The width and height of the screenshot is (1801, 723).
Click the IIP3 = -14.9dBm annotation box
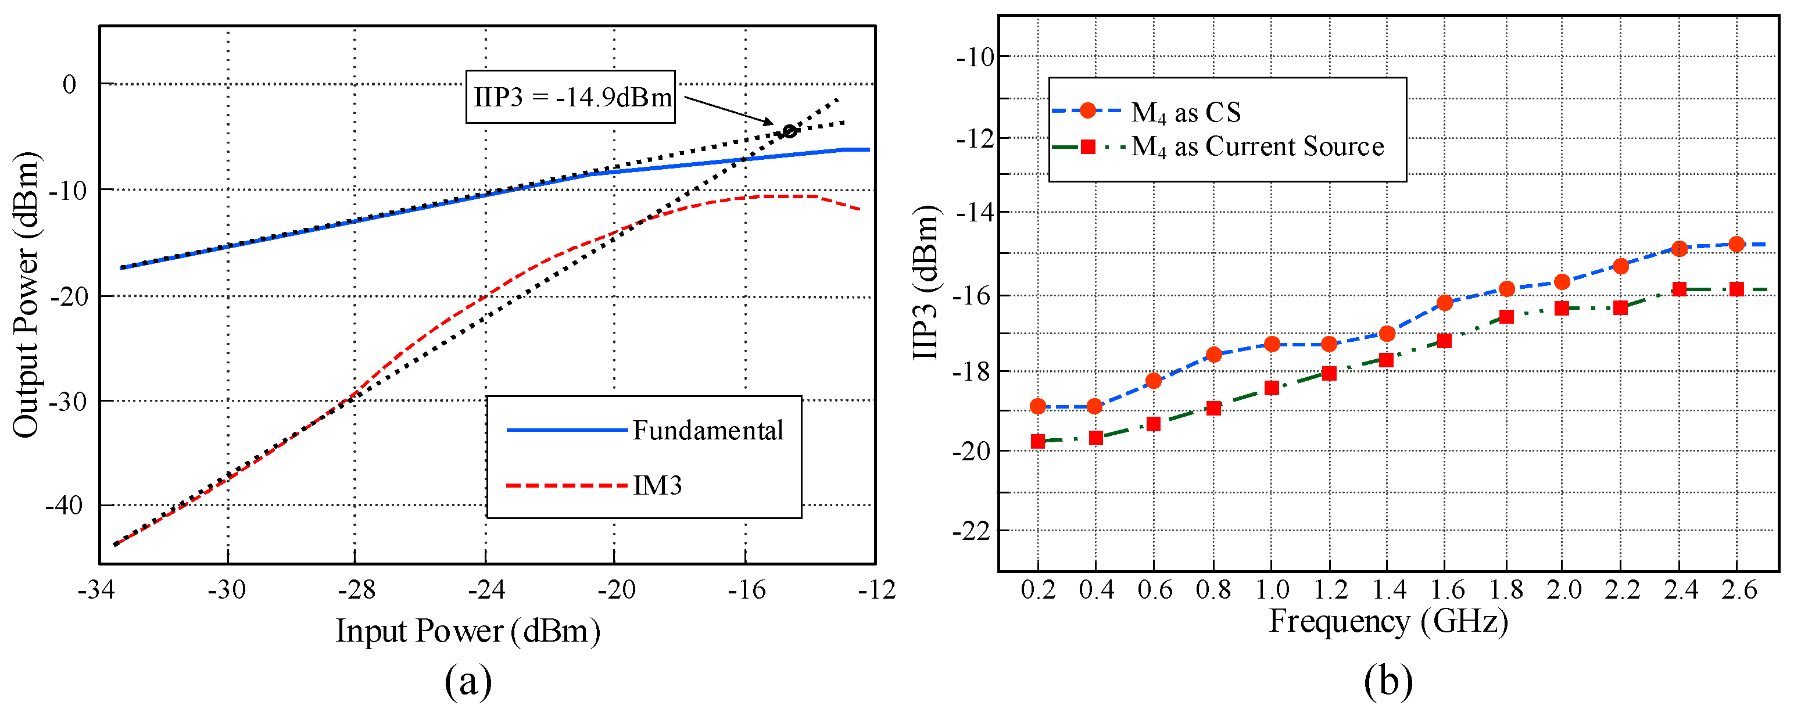pos(571,96)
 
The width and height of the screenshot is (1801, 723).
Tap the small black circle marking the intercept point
pos(789,131)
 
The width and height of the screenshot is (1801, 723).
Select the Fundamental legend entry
pos(707,430)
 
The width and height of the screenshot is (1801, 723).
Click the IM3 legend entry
pos(657,485)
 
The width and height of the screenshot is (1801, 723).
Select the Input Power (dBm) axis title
pos(468,631)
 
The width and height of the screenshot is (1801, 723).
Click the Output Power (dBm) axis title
pos(26,295)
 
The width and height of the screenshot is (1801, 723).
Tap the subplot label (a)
pos(468,682)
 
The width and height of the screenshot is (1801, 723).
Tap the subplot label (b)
pos(1388,682)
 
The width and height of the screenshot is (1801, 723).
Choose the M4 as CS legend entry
pos(1185,112)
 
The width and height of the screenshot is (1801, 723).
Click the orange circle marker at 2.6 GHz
pos(1736,244)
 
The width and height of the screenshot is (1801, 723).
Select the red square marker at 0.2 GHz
pos(1037,441)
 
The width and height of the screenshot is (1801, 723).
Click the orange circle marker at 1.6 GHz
pos(1444,303)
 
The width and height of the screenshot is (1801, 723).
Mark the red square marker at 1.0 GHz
pos(1272,388)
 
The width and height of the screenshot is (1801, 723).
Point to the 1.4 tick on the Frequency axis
pos(1388,589)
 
